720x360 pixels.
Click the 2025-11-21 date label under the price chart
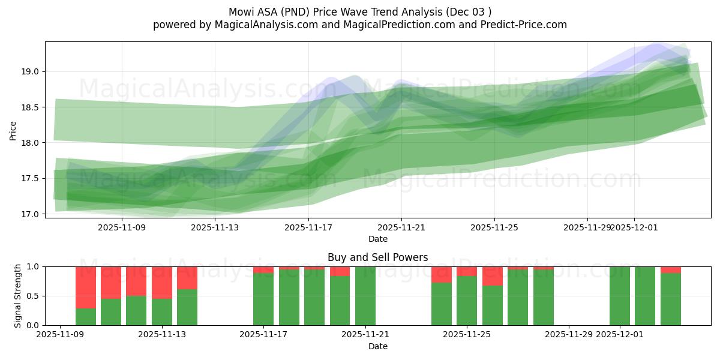pyautogui.click(x=401, y=227)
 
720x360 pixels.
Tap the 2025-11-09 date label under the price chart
pyautogui.click(x=122, y=227)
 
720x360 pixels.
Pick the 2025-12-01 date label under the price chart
pyautogui.click(x=635, y=227)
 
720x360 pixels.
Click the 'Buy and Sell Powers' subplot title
pyautogui.click(x=378, y=257)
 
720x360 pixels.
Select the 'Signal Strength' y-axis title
pyautogui.click(x=17, y=296)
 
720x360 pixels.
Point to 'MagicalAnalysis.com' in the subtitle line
pyautogui.click(x=262, y=25)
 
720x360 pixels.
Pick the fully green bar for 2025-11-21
pyautogui.click(x=365, y=296)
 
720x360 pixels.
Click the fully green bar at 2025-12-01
pyautogui.click(x=620, y=296)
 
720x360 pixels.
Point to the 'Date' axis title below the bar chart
pyautogui.click(x=378, y=346)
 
